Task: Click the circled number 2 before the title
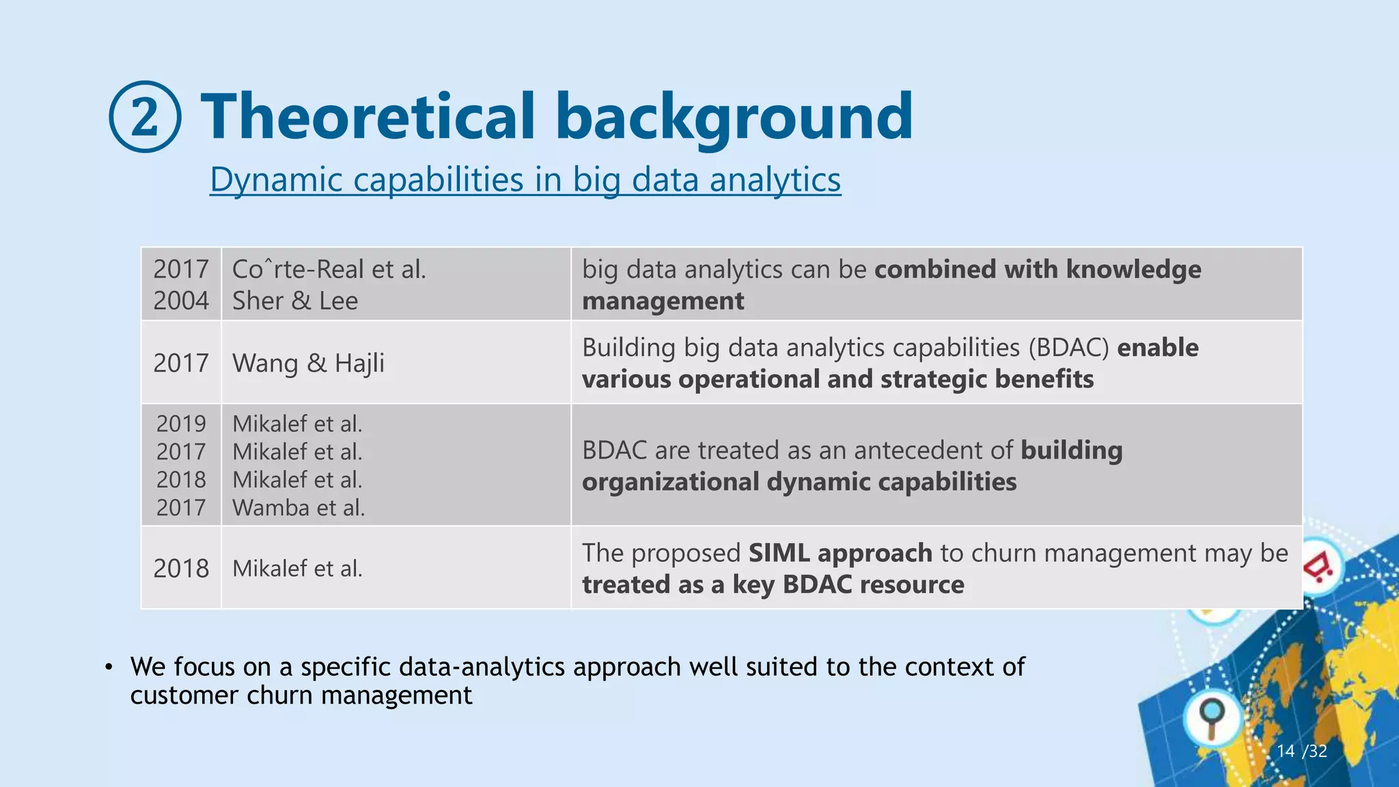pyautogui.click(x=145, y=117)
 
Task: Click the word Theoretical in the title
pyautogui.click(x=368, y=117)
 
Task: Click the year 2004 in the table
pyautogui.click(x=181, y=301)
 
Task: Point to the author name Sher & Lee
pyautogui.click(x=295, y=301)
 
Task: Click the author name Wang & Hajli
pyautogui.click(x=308, y=363)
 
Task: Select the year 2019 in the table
pyautogui.click(x=181, y=424)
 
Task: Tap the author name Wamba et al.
pyautogui.click(x=299, y=508)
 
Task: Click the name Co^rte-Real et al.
pyautogui.click(x=329, y=269)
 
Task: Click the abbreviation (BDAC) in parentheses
pyautogui.click(x=1068, y=348)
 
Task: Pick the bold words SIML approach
pyautogui.click(x=840, y=553)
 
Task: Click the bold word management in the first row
pyautogui.click(x=663, y=301)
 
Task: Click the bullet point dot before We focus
pyautogui.click(x=109, y=667)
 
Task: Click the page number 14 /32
pyautogui.click(x=1301, y=751)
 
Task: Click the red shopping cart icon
pyautogui.click(x=1320, y=567)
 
